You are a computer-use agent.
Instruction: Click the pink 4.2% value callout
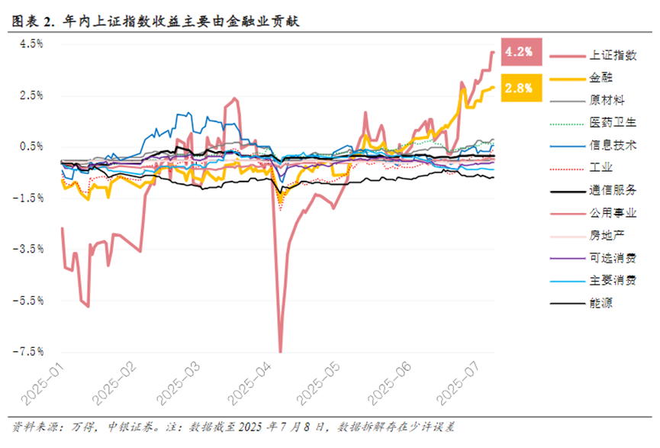521,52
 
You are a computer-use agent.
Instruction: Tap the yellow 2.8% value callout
521,88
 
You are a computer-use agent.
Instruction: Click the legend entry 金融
599,77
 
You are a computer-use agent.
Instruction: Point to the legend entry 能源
599,303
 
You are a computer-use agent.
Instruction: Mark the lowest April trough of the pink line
280,351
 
